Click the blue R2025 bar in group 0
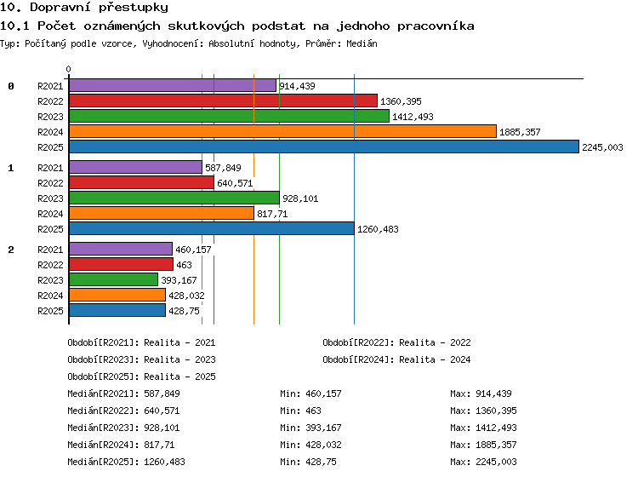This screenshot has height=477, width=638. click(x=324, y=147)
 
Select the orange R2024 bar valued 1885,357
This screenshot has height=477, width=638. click(x=282, y=131)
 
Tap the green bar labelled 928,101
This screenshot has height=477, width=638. click(x=174, y=198)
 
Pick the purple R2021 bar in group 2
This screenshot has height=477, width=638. click(x=121, y=249)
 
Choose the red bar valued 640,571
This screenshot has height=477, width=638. click(x=141, y=182)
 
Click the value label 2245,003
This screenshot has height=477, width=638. click(x=602, y=147)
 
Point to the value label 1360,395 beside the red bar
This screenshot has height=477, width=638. click(x=401, y=101)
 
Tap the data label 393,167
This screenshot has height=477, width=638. click(x=179, y=280)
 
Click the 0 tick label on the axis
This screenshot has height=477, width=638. click(x=68, y=69)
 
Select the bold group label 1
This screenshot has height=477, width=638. click(x=11, y=168)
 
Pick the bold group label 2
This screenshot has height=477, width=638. click(x=11, y=250)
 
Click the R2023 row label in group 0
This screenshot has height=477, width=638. click(x=50, y=117)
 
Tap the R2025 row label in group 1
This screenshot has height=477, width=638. click(x=50, y=229)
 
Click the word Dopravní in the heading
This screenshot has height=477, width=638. click(x=60, y=8)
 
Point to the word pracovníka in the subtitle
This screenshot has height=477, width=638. click(x=436, y=26)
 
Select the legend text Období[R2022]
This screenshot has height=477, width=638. click(x=356, y=342)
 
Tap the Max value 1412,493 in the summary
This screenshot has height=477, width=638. click(x=496, y=428)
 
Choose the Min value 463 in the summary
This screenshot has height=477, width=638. click(x=313, y=411)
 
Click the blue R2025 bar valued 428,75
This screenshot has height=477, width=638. click(x=117, y=310)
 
